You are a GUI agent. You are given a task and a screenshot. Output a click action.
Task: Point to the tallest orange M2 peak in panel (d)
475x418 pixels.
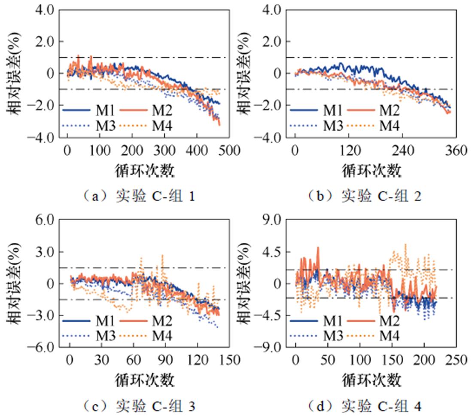point(318,247)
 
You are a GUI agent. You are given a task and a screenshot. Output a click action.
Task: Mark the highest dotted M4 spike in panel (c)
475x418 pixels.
point(162,255)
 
